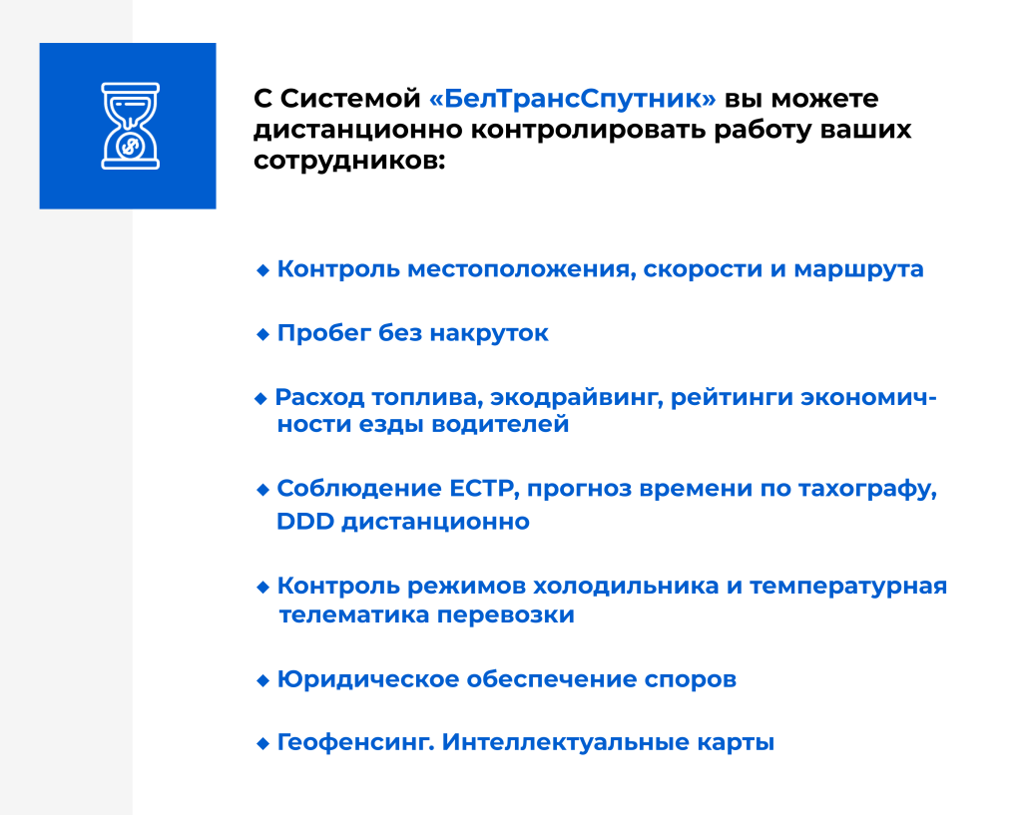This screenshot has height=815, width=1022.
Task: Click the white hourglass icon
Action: (131, 126)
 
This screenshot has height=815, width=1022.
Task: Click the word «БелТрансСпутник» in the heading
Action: (572, 99)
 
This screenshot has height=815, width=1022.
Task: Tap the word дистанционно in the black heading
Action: (358, 131)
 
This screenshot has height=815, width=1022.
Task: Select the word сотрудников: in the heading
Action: (349, 161)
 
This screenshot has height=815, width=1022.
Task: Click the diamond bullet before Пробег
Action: (262, 334)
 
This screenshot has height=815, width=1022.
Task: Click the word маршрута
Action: (858, 269)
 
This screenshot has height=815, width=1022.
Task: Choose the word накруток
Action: (489, 333)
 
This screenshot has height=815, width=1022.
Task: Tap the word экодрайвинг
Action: (577, 397)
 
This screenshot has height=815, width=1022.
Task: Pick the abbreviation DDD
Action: (305, 521)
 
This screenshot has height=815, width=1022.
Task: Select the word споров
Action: (691, 680)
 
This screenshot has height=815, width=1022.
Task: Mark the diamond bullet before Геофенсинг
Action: (262, 743)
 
